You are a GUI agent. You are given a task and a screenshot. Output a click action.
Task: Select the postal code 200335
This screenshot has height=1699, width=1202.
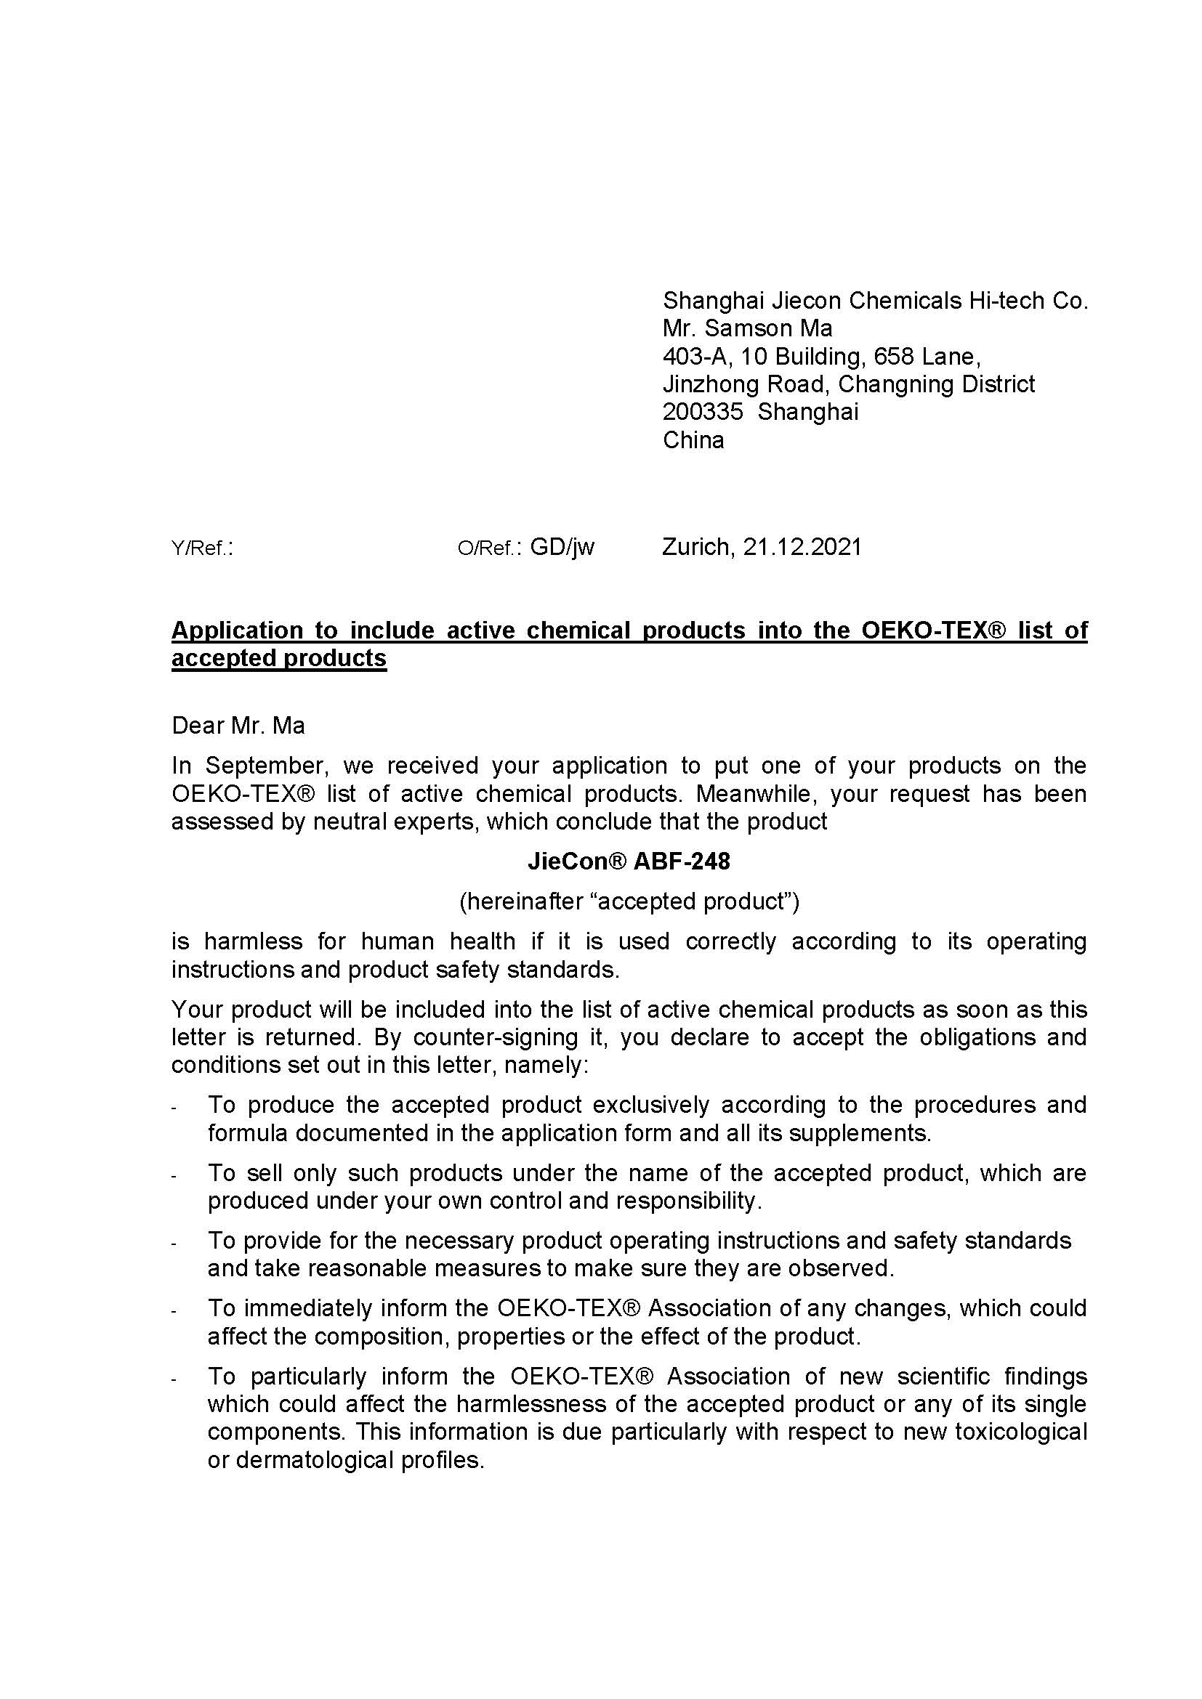tap(703, 411)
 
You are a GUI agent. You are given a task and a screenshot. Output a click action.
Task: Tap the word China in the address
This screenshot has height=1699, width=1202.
tap(693, 440)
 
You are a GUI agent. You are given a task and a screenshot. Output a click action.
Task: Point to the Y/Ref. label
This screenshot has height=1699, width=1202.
tap(201, 548)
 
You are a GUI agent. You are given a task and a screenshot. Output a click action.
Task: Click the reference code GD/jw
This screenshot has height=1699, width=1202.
tap(562, 547)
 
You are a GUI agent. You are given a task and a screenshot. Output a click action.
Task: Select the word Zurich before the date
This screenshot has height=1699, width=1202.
tap(695, 547)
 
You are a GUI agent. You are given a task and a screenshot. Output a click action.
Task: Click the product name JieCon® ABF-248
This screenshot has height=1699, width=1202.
tap(629, 861)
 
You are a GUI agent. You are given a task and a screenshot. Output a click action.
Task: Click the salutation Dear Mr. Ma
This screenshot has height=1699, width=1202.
tap(238, 725)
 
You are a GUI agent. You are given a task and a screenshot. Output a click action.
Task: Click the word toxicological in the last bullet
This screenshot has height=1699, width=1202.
tap(1020, 1432)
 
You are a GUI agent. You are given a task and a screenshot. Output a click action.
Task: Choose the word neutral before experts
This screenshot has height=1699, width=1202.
tap(351, 822)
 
